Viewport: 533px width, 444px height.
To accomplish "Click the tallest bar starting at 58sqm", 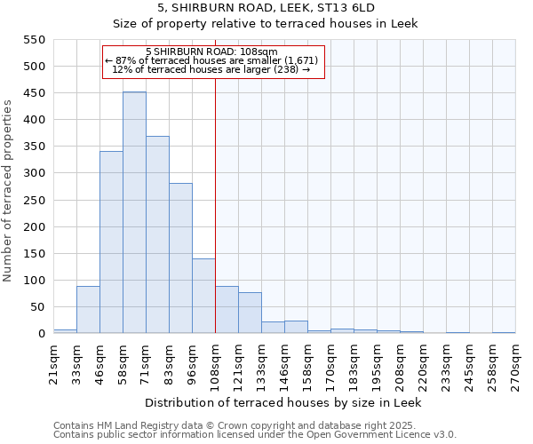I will [134, 213].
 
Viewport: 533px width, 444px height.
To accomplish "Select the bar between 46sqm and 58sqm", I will [111, 242].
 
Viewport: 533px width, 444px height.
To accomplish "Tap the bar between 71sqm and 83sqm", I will [157, 235].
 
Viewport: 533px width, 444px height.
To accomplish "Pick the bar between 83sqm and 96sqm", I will [180, 258].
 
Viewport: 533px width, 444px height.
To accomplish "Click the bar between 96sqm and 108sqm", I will [203, 296].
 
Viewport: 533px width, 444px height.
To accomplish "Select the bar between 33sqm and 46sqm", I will [88, 310].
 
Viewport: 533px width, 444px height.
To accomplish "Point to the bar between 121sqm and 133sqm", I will [250, 313].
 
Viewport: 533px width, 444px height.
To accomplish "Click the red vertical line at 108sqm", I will [215, 204].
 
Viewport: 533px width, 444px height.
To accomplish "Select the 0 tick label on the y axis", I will [41, 334].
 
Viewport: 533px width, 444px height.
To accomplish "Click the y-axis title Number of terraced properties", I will [8, 191].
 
